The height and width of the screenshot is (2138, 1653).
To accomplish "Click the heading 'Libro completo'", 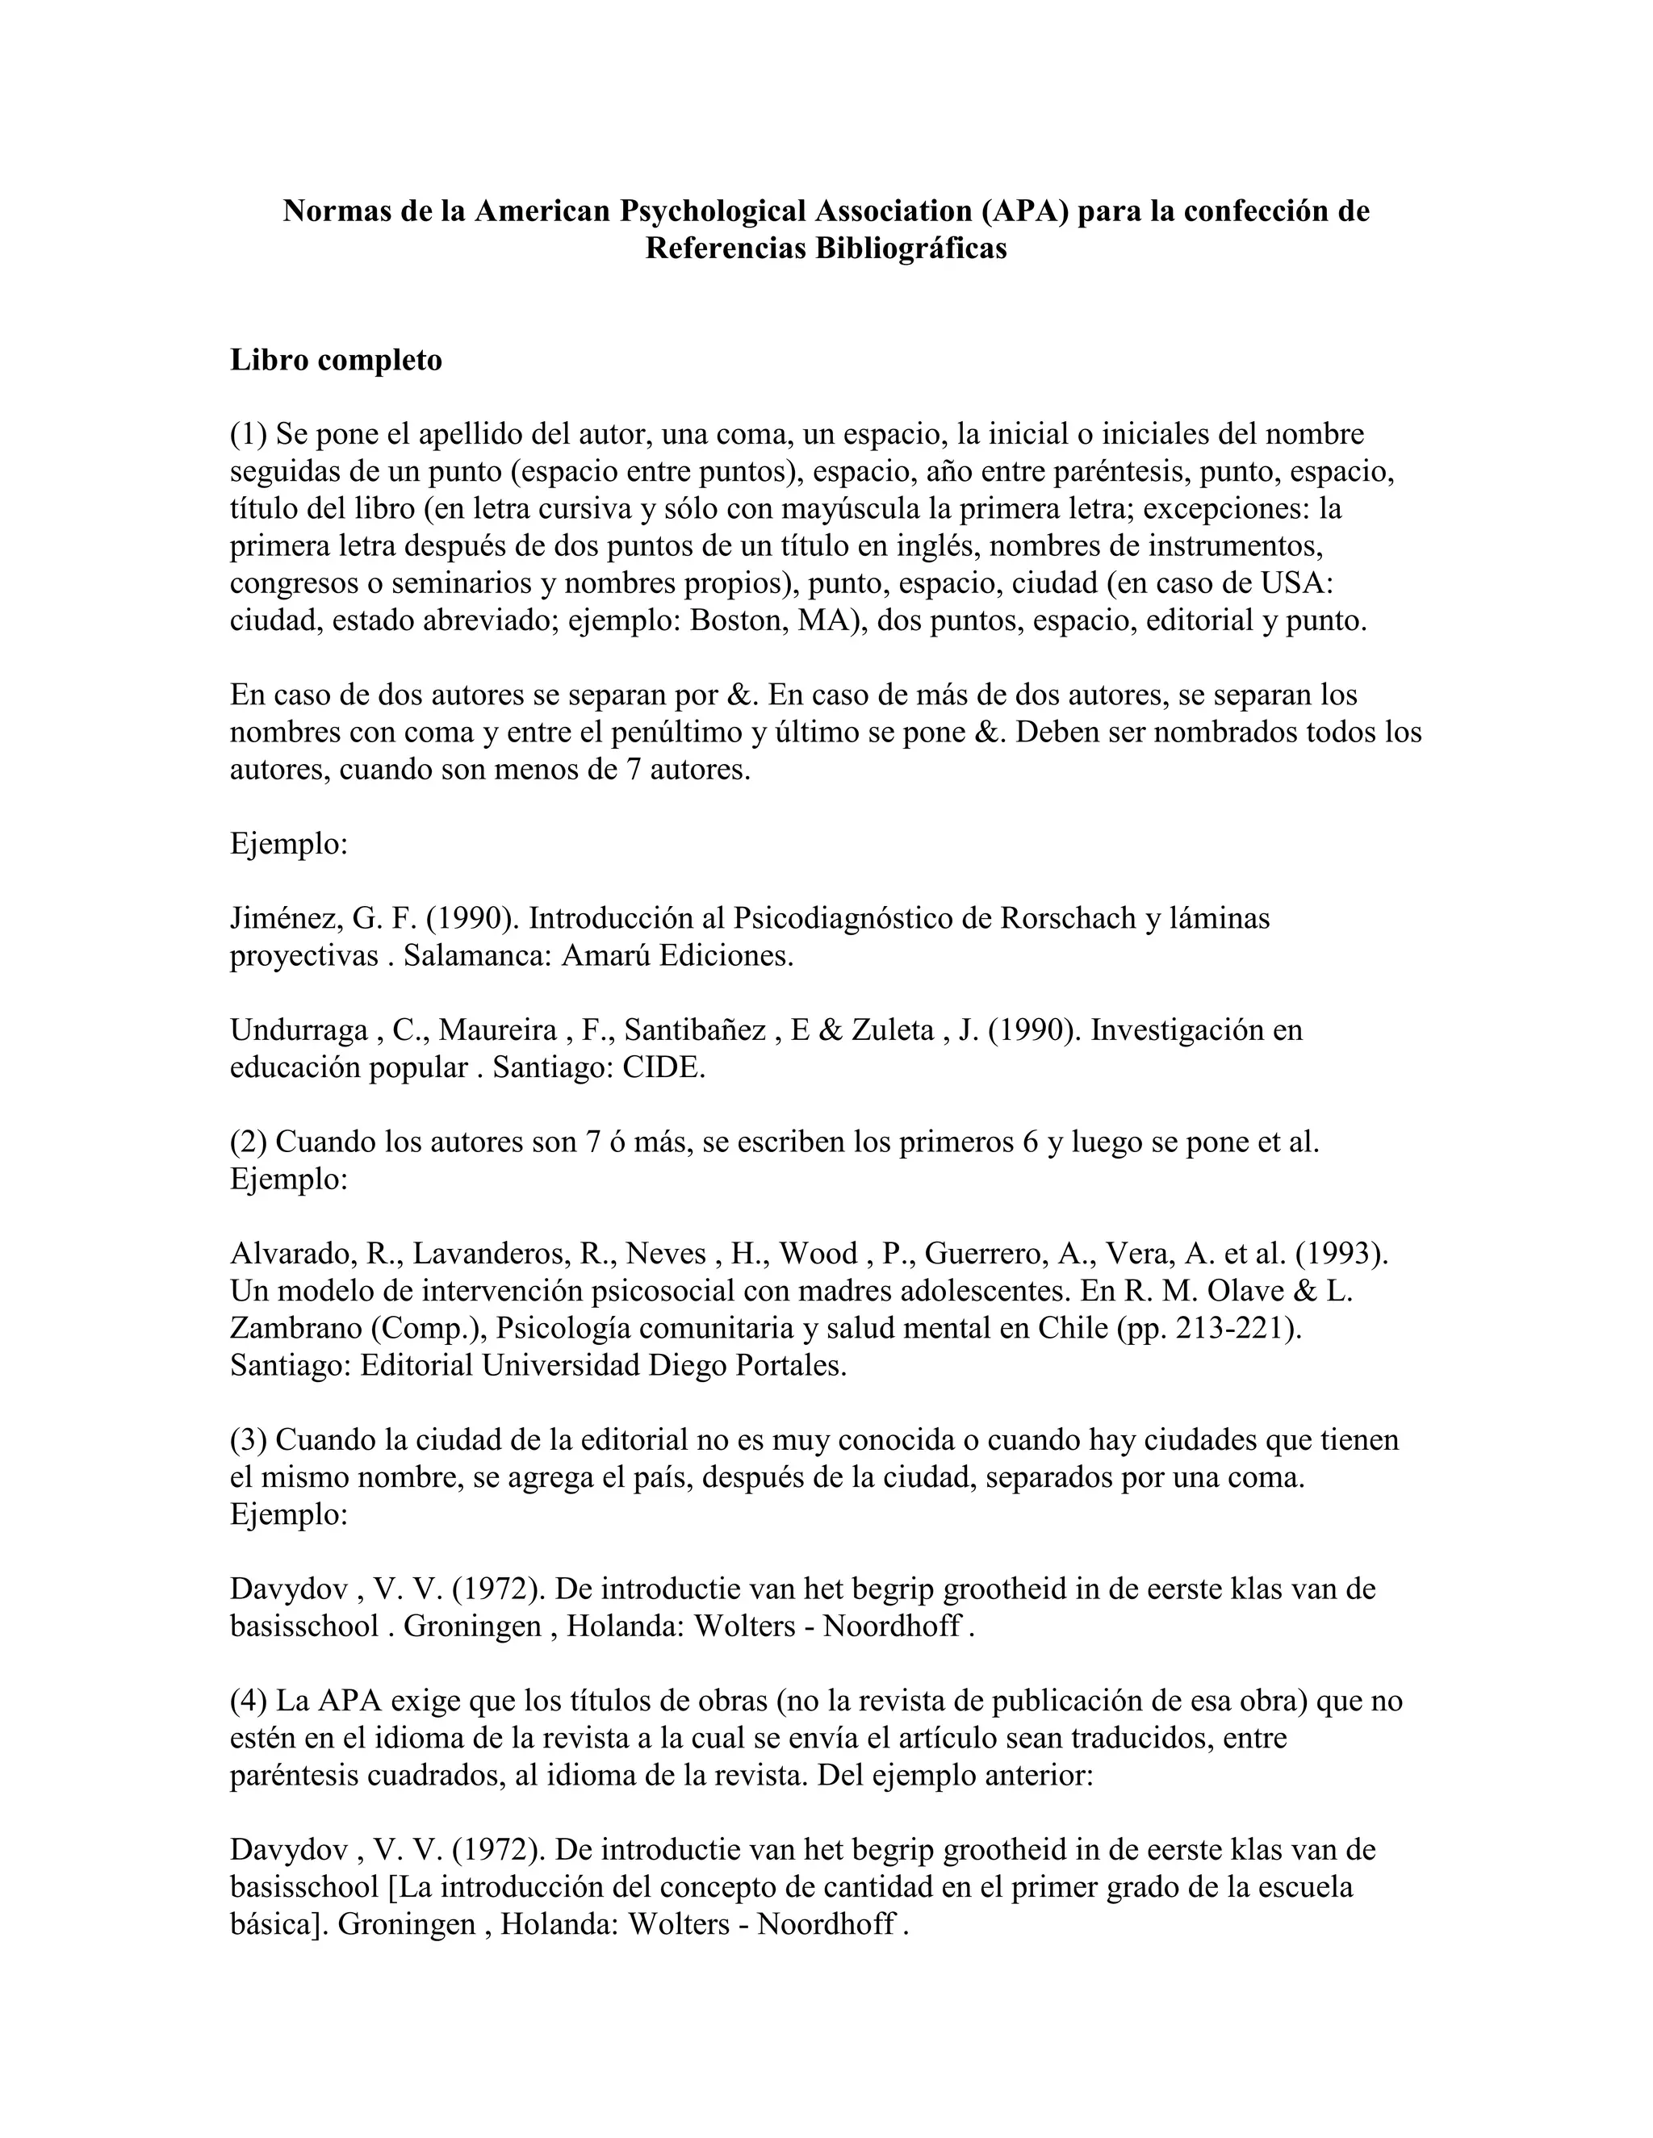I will point(336,361).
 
